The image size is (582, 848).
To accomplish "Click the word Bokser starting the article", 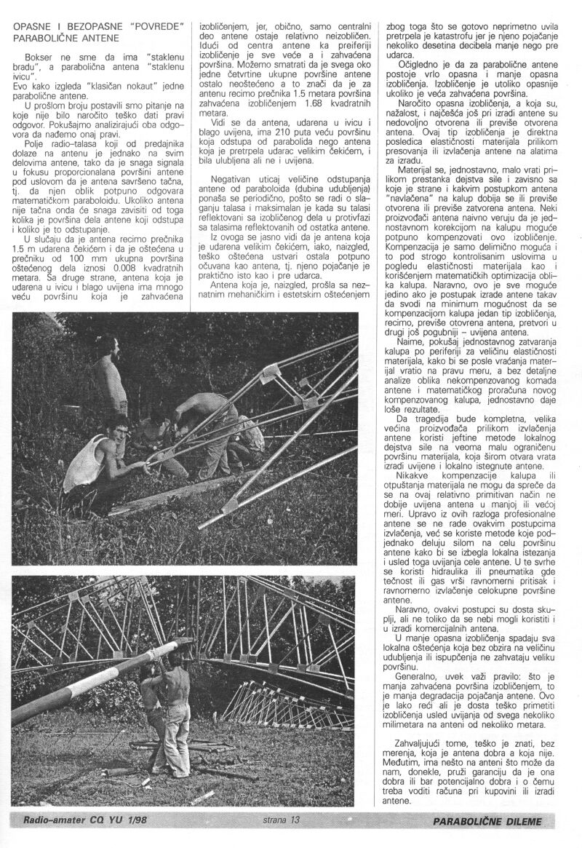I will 39,55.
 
